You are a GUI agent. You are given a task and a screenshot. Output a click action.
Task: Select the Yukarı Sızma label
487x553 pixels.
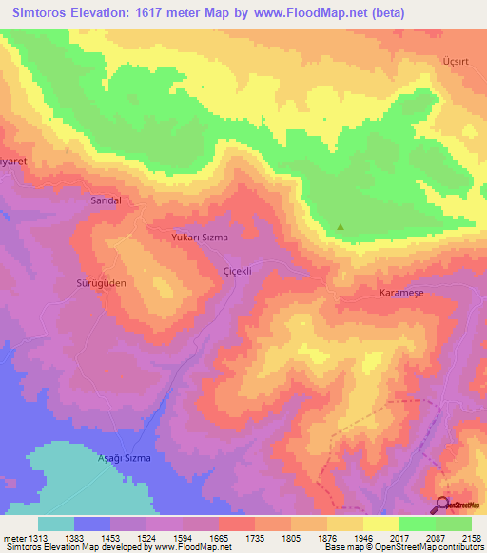tap(199, 237)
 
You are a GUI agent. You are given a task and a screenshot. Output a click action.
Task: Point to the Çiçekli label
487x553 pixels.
tap(235, 270)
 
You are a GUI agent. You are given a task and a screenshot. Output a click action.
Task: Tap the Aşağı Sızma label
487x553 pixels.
tap(126, 458)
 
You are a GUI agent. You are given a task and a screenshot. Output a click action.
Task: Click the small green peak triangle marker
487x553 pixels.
tap(341, 227)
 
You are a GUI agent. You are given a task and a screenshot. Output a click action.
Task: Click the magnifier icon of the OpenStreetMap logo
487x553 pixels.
tap(441, 505)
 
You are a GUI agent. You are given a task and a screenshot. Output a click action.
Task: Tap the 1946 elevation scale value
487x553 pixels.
tap(363, 538)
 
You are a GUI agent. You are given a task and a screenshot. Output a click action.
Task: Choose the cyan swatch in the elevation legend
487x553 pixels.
tap(56, 524)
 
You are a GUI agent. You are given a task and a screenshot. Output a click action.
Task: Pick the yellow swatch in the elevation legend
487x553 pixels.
tap(381, 524)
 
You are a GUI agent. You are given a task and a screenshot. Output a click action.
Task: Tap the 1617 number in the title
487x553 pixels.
tap(163, 13)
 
